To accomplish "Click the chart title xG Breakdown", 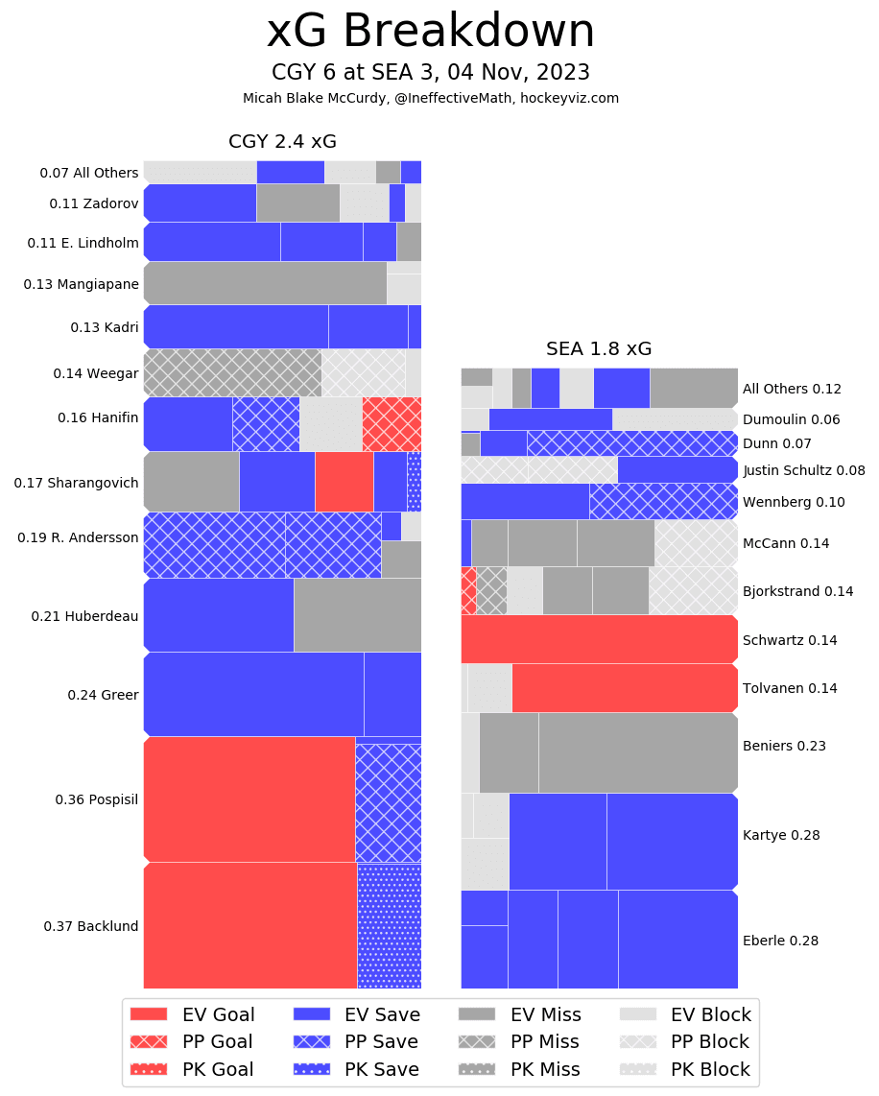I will click(430, 33).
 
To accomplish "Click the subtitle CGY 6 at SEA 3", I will click(430, 73).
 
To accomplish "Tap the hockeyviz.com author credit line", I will click(430, 98).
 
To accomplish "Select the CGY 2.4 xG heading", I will click(282, 142).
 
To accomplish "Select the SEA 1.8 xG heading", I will click(599, 349).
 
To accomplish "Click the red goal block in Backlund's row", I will click(250, 925).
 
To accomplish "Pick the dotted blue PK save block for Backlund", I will click(390, 925).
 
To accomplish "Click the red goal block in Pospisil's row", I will click(249, 798).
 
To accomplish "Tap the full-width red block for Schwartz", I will click(599, 639).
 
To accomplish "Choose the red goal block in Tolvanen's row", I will click(625, 688).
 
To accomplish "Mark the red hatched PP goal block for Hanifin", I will click(392, 423).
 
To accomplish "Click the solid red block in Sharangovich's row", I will click(344, 482).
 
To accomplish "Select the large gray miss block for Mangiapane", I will click(265, 283).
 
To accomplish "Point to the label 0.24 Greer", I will click(103, 695).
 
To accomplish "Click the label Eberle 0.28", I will click(780, 941).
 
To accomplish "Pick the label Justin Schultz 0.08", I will click(803, 470).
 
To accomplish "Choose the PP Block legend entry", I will click(687, 1042).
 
